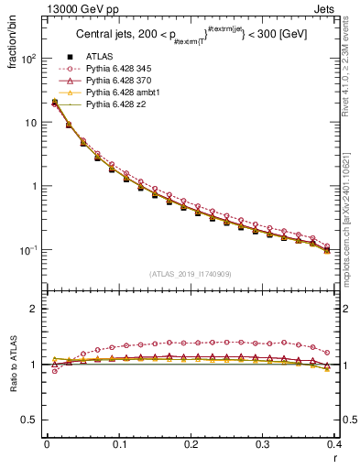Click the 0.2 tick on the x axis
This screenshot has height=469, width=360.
tap(191, 445)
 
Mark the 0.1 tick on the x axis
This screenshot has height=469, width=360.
tap(119, 445)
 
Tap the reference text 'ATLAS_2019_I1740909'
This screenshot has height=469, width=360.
tap(190, 274)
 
